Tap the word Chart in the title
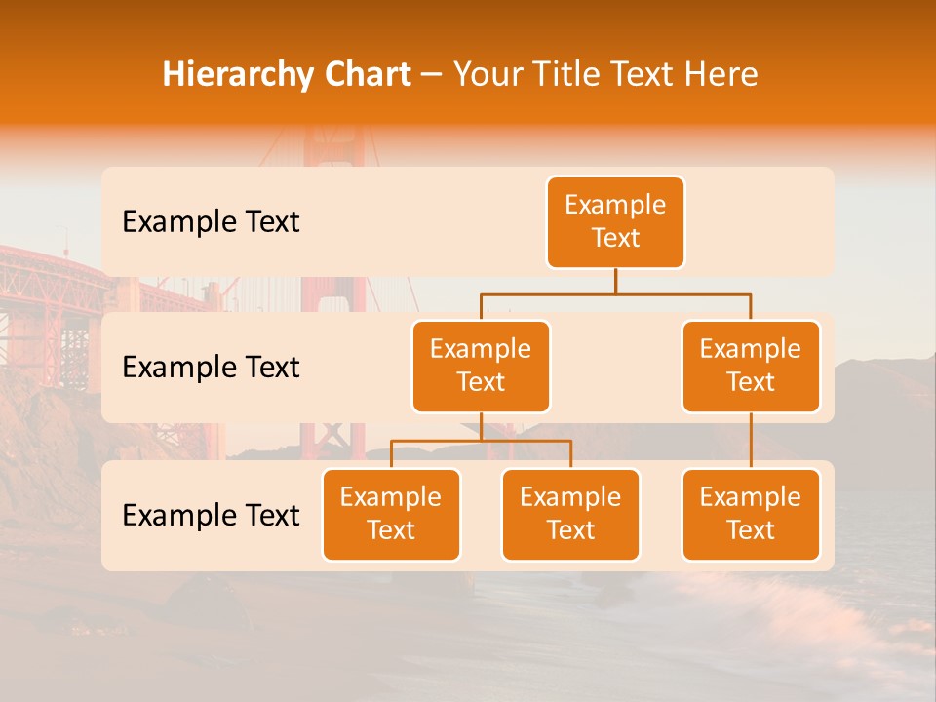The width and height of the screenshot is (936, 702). [x=364, y=75]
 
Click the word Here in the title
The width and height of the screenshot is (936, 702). [x=721, y=75]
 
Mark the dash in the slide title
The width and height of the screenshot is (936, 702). [x=431, y=75]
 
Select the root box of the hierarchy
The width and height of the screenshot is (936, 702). [x=615, y=221]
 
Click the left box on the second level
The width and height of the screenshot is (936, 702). [x=481, y=366]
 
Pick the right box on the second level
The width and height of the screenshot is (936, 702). [x=751, y=366]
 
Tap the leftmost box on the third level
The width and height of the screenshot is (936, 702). [x=391, y=514]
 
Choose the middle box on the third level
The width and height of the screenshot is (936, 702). [x=570, y=514]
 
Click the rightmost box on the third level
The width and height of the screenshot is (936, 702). [x=751, y=514]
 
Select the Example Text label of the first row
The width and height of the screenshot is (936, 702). [x=211, y=222]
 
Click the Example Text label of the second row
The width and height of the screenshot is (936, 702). [x=211, y=368]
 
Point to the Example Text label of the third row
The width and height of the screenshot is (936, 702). [x=211, y=515]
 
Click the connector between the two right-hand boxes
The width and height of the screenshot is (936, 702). [x=751, y=440]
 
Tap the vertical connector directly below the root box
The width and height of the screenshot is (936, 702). [x=615, y=281]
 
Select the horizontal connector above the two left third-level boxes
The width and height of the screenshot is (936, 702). [x=481, y=441]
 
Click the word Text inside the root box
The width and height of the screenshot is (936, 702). [x=615, y=238]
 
